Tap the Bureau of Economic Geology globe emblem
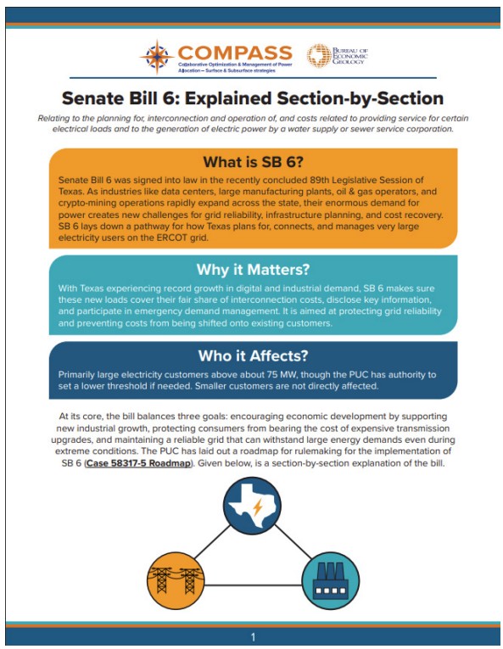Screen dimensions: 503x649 [x=319, y=56]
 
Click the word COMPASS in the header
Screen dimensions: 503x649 [x=235, y=53]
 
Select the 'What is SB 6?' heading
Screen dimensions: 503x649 [x=253, y=162]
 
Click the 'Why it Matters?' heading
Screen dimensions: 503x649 [x=252, y=270]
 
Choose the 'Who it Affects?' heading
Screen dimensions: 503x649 [x=252, y=355]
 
